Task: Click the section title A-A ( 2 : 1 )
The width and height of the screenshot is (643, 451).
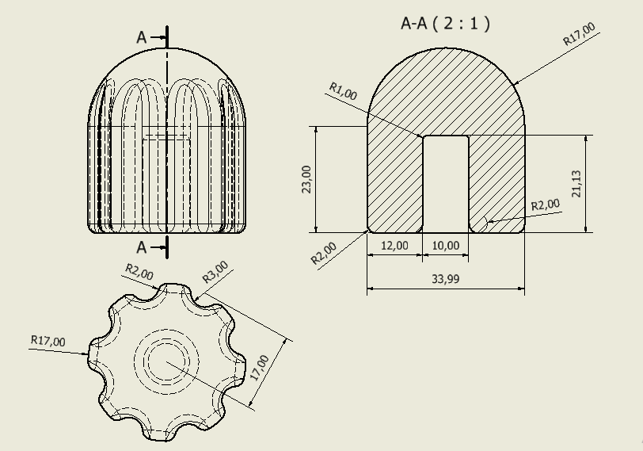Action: point(445,24)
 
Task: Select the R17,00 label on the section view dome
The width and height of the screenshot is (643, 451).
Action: point(579,36)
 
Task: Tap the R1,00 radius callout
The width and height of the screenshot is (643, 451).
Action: point(343,92)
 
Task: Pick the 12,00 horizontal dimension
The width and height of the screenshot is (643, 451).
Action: point(394,246)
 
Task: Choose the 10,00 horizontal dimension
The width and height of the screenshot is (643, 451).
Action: point(445,246)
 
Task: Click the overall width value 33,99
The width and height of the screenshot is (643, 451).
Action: point(446,279)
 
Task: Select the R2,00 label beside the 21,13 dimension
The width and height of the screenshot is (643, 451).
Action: point(545,204)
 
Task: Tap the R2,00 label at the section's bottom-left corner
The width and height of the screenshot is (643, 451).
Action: point(324,253)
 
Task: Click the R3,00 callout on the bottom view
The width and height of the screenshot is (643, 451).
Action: point(215,272)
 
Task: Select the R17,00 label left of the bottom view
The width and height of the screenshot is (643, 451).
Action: point(48,341)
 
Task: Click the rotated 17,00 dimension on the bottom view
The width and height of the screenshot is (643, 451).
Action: point(259,369)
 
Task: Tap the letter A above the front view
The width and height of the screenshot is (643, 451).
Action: point(142,37)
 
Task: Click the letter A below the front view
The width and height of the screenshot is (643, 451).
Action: point(142,247)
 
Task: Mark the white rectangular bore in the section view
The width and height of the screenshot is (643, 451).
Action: point(446,184)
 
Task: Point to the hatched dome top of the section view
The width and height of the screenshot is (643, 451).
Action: point(446,87)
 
